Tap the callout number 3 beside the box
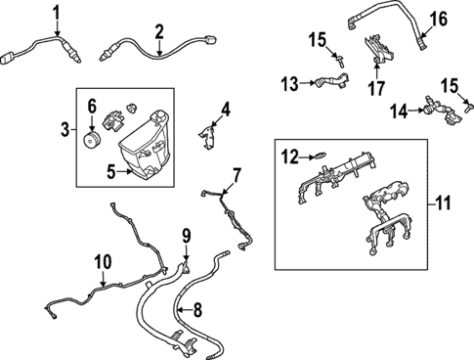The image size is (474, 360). coord(65,129)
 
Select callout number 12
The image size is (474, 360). coord(289,154)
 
